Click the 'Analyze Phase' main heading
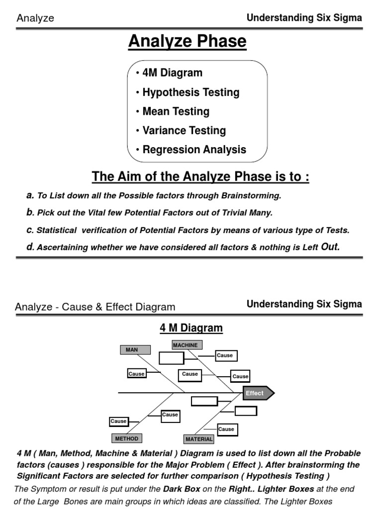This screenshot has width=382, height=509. (188, 42)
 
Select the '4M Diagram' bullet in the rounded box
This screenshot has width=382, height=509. (172, 73)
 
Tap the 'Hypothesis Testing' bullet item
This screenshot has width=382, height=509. (191, 92)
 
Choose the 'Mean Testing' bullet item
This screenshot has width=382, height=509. (176, 112)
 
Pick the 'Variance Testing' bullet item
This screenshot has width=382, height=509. (184, 131)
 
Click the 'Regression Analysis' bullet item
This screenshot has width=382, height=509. (194, 150)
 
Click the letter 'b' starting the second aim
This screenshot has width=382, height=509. (29, 213)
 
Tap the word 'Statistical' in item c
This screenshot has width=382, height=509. (57, 230)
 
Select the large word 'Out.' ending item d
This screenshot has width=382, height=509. (330, 247)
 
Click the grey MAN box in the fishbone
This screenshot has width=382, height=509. (132, 350)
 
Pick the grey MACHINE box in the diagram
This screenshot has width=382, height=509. (185, 345)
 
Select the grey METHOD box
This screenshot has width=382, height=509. (126, 438)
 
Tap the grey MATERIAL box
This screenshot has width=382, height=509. (199, 439)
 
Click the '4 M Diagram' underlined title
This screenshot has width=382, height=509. (191, 328)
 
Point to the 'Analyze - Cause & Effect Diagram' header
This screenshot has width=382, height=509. (95, 307)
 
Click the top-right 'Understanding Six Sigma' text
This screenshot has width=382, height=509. (304, 18)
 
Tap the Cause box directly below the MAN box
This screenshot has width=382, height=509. (136, 374)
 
